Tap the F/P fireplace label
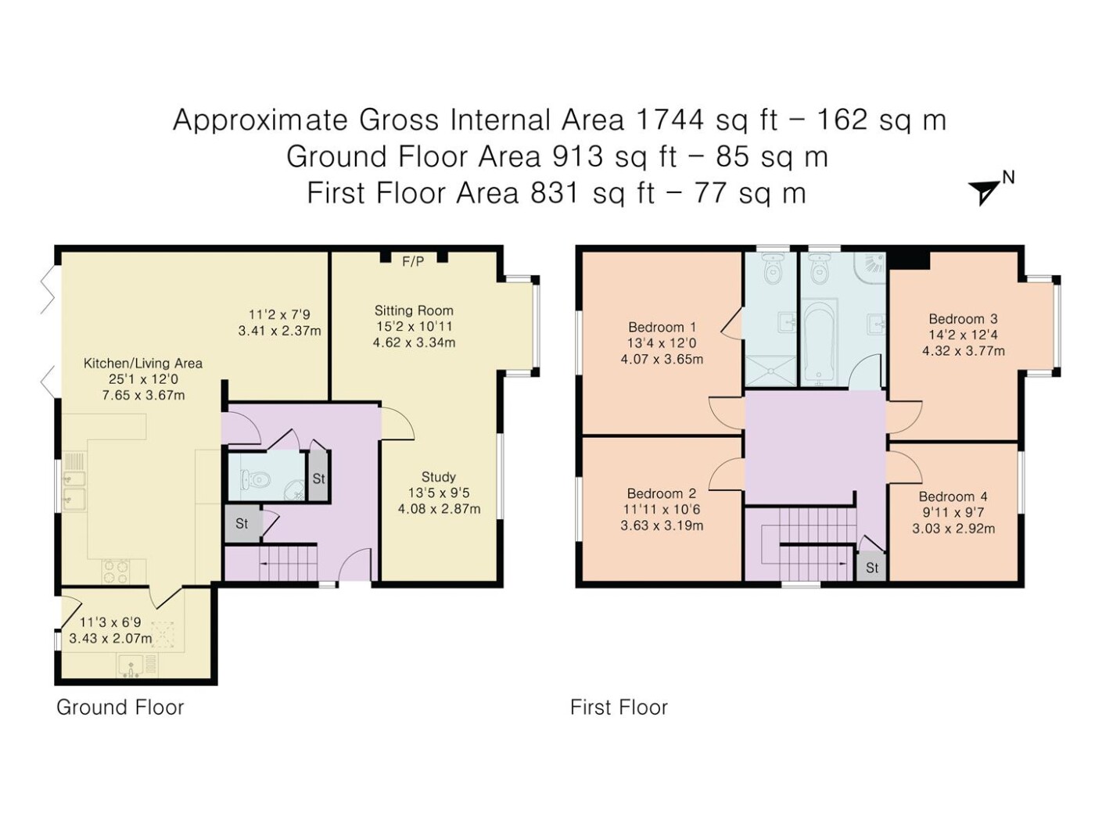pos(412,261)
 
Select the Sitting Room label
pos(414,310)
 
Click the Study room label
pos(438,476)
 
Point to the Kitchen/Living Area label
pos(142,363)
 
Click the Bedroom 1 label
pos(662,327)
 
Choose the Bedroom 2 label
pos(662,493)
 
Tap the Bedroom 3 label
pos(963,318)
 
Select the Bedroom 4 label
pos(953,497)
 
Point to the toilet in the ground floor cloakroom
pos(256,480)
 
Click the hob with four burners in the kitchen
pos(116,572)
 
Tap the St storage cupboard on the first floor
pos(871,568)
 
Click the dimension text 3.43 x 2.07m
pos(110,638)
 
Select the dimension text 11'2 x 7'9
pos(279,314)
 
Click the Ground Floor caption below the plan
pos(120,708)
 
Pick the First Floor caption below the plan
pos(619,708)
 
